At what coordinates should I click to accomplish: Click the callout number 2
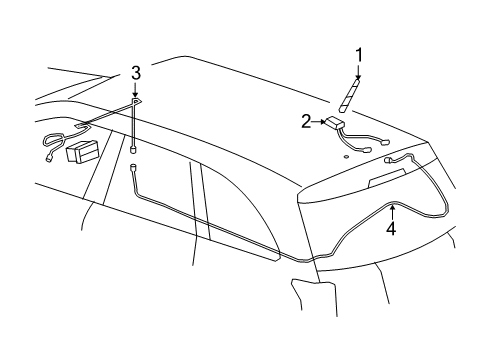(x=307, y=121)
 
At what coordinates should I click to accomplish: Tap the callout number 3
(x=136, y=72)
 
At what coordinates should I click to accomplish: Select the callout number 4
(x=392, y=228)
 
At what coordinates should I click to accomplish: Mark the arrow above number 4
(x=392, y=211)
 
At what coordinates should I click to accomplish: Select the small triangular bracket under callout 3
(x=137, y=103)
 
